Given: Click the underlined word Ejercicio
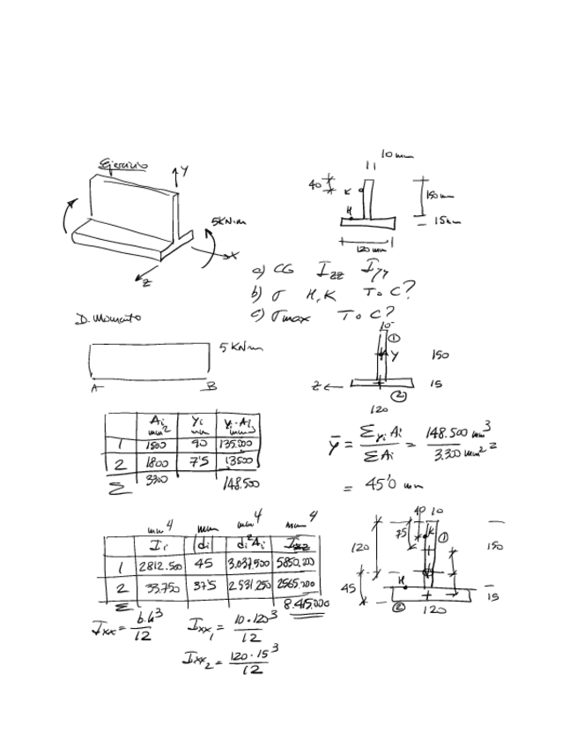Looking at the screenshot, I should (123, 164).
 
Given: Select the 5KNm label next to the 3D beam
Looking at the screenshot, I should (222, 221).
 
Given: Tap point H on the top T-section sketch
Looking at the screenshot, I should (350, 209).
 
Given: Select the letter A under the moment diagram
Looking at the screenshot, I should (93, 385).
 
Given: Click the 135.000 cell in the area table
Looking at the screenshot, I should (240, 446).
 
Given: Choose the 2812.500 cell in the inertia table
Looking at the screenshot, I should (159, 563).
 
